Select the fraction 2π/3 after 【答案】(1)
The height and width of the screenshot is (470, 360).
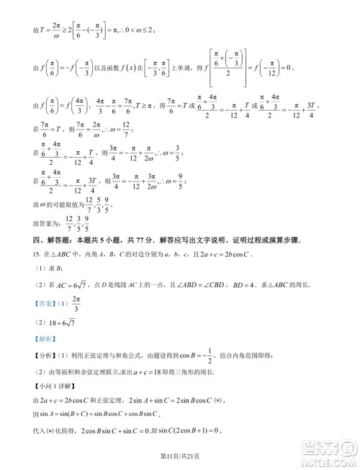pyautogui.click(x=77, y=304)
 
